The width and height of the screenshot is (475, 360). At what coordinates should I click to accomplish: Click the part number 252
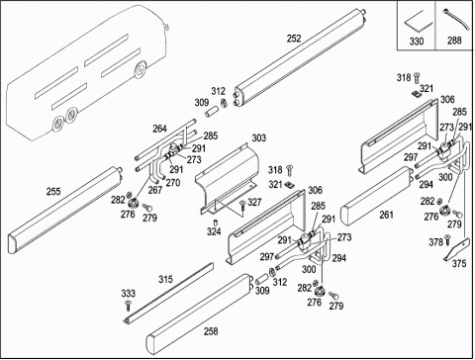(294, 39)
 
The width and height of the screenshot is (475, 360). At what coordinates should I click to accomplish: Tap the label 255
(53, 192)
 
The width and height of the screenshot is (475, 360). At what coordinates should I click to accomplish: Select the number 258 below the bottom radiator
(211, 331)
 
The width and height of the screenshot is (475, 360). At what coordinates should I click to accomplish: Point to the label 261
(386, 215)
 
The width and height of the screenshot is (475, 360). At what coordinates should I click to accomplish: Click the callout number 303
(259, 137)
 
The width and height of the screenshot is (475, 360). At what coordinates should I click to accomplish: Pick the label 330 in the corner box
(417, 42)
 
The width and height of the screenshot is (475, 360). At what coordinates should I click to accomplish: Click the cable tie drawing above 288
(456, 19)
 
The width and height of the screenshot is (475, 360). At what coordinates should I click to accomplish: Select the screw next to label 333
(128, 306)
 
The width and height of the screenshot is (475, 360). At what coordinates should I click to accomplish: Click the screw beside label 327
(242, 205)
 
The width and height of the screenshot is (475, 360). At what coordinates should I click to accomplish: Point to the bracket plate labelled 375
(457, 249)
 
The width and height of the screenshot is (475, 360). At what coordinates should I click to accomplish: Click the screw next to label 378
(447, 239)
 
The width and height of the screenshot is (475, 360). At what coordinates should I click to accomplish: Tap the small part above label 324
(215, 222)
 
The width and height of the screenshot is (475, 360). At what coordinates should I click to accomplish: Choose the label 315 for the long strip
(165, 279)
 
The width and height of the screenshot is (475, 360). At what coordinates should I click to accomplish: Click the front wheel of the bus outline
(141, 70)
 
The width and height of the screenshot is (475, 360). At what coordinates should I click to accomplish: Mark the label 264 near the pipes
(159, 129)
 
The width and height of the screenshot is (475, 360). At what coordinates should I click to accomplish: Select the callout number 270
(173, 182)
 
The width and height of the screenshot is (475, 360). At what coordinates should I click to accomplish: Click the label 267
(155, 190)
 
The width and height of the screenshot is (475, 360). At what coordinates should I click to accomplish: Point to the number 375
(459, 263)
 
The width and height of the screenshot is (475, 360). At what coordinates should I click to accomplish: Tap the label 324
(214, 231)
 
